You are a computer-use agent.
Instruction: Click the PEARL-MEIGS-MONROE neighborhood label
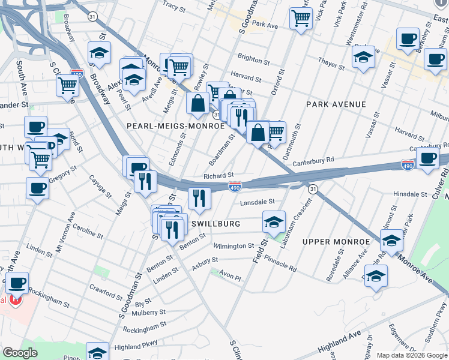tap(175, 126)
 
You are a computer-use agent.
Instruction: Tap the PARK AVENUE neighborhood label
tap(336, 104)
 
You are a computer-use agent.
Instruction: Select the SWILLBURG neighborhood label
tap(215, 224)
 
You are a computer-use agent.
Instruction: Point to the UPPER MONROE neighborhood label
tap(336, 241)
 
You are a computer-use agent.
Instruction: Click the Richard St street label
tap(218, 176)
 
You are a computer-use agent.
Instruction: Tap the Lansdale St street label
tap(257, 203)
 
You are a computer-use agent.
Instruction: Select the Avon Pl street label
tap(230, 278)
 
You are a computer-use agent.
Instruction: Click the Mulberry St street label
tap(149, 313)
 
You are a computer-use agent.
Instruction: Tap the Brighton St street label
tap(253, 60)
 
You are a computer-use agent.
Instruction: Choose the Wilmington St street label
tap(235, 246)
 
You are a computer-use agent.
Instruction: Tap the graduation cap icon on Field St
tap(273, 222)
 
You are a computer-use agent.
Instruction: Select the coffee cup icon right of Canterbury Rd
tap(427, 158)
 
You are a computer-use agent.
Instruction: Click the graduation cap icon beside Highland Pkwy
tap(97, 352)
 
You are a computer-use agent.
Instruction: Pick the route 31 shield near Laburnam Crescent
tap(313, 189)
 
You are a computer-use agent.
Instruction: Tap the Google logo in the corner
tap(20, 353)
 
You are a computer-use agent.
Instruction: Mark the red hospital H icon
tap(16, 299)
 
